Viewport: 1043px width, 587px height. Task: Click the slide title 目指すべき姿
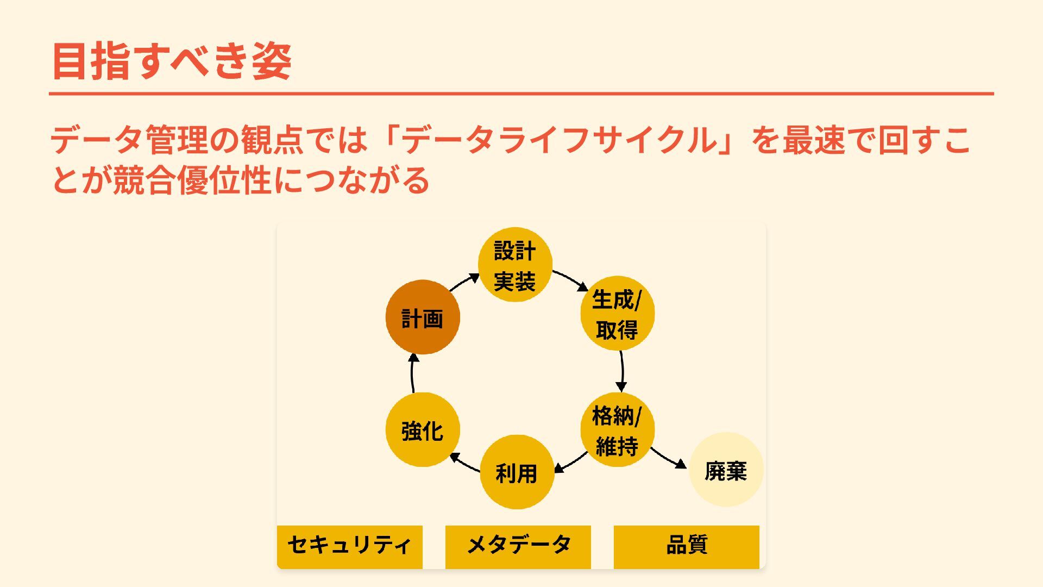(172, 61)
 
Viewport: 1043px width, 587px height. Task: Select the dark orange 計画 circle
(423, 317)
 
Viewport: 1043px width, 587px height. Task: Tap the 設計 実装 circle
(515, 265)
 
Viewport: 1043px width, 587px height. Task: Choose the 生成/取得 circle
(617, 314)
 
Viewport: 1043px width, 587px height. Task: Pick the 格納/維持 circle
(617, 430)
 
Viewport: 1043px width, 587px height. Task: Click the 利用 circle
(517, 472)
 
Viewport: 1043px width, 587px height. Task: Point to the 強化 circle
(423, 430)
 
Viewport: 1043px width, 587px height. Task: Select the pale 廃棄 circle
(726, 470)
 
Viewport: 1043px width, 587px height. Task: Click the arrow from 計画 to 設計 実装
(464, 282)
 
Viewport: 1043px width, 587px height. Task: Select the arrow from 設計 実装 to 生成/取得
(570, 279)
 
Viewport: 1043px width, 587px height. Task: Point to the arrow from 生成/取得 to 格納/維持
(622, 371)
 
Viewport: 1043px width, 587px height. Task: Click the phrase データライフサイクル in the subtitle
(560, 140)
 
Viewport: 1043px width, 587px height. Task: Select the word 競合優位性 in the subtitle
(192, 180)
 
